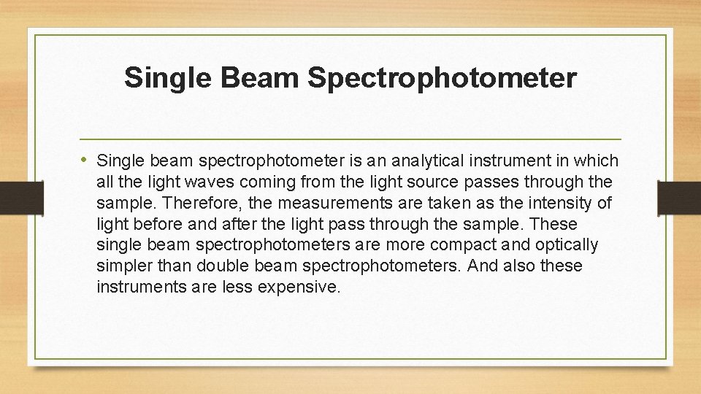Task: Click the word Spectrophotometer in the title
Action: point(442,77)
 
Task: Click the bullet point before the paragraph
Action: point(85,160)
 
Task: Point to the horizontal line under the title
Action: point(350,139)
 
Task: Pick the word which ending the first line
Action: point(597,161)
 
